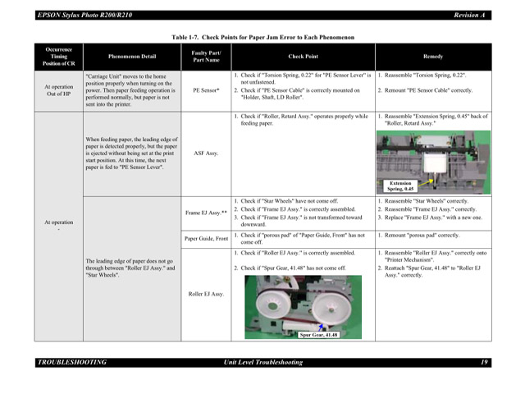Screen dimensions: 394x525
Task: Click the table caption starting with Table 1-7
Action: (262, 38)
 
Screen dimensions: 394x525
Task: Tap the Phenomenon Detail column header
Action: (131, 57)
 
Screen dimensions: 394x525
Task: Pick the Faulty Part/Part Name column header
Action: (206, 57)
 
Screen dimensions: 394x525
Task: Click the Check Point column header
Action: (304, 57)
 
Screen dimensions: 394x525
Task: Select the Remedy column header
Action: (433, 57)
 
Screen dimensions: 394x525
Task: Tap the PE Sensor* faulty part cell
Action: (206, 90)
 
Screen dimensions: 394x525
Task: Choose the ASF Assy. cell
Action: (206, 152)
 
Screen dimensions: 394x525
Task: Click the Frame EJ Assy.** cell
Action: (206, 213)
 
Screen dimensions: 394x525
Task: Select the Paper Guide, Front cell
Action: (206, 238)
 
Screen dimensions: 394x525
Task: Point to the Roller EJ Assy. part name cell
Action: (206, 293)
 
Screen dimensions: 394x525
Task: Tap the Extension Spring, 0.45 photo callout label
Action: (399, 186)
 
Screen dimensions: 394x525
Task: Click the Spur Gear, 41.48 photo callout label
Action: (318, 335)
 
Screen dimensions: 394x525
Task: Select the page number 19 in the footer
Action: (484, 362)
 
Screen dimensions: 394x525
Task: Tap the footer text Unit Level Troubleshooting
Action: (262, 362)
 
